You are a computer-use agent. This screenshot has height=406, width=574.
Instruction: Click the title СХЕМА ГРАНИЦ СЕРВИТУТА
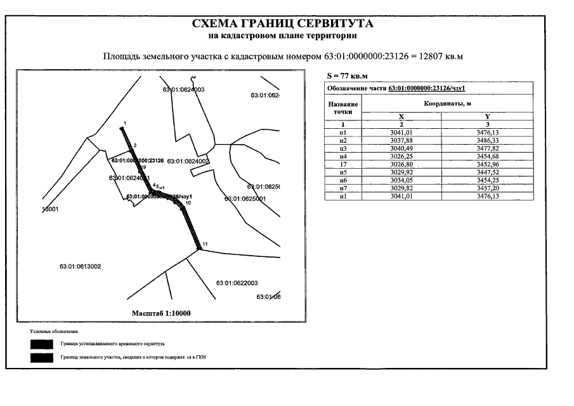pos(282,24)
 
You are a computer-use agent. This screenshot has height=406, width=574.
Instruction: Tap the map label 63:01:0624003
pos(183,90)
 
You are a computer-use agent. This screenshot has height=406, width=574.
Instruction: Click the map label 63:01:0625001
pos(244,199)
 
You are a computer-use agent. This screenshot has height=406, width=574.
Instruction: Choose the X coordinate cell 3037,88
pos(402,140)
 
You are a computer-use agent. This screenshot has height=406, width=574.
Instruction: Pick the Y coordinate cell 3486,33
pos(488,140)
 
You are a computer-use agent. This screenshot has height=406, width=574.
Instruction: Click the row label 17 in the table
pos(342,164)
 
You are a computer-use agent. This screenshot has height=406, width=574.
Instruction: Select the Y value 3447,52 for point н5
pos(488,173)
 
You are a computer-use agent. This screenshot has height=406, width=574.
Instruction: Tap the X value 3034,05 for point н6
pos(402,181)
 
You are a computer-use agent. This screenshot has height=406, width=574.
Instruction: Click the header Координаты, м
pos(447,103)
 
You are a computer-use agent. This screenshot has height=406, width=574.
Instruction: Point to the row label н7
pos(342,189)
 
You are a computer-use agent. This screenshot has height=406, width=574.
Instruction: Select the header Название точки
pos(342,107)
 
